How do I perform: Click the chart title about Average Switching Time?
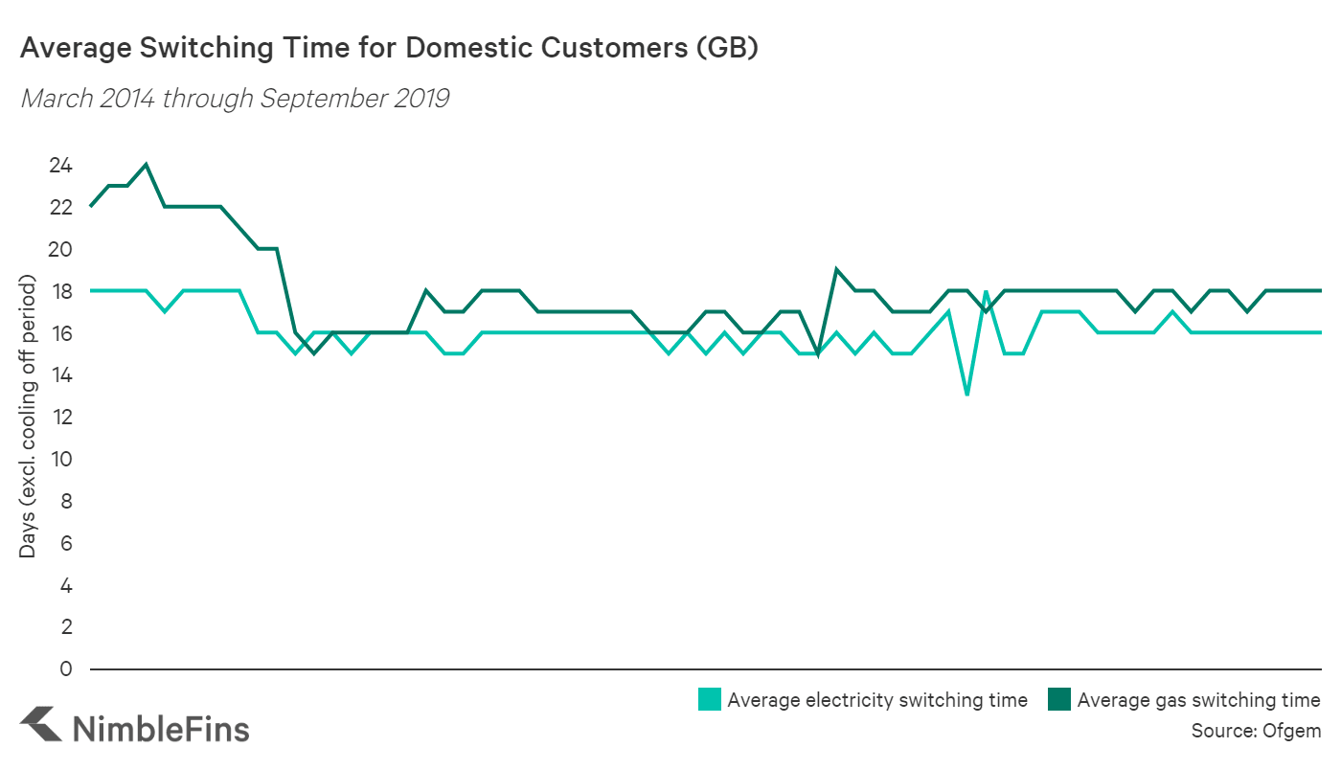[389, 49]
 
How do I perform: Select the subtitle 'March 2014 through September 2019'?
[235, 99]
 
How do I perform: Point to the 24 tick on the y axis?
[60, 166]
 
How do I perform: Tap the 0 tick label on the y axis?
[66, 668]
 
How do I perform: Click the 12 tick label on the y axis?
[60, 418]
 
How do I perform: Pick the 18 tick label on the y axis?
[60, 291]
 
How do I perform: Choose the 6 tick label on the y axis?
[66, 543]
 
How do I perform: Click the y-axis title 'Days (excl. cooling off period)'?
[29, 417]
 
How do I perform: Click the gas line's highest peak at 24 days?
[146, 164]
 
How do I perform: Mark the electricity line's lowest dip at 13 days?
[967, 395]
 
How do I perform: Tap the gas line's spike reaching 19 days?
[836, 269]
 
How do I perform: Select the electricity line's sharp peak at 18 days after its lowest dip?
[986, 290]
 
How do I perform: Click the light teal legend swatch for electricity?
[710, 700]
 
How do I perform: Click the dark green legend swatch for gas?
[1059, 700]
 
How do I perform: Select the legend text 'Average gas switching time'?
[1199, 700]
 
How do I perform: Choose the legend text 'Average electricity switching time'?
[877, 700]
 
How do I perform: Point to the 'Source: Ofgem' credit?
[1256, 731]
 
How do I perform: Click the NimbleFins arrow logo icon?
[41, 725]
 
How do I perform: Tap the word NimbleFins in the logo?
[161, 729]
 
